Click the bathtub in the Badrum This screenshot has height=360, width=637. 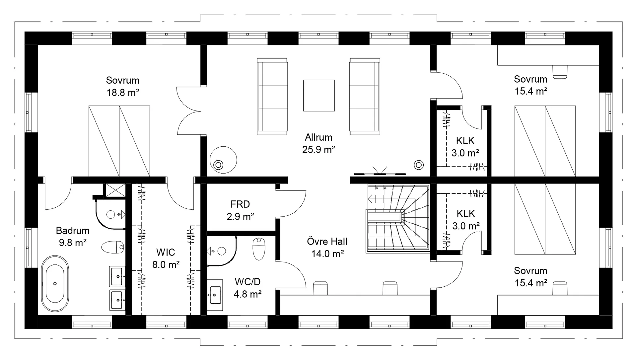55,284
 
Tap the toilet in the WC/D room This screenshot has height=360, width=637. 259,249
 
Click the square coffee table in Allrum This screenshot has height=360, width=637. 319,96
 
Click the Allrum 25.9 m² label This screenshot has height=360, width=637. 318,143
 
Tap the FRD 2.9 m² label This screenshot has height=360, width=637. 240,210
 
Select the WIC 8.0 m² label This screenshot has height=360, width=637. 166,258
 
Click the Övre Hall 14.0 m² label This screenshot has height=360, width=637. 327,248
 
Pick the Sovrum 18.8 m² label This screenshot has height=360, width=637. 123,86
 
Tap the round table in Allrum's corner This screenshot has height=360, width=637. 223,160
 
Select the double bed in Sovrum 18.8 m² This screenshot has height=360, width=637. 119,141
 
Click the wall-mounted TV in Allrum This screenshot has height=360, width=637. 380,172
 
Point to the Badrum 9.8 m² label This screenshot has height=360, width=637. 73,237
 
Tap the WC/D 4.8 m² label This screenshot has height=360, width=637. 248,288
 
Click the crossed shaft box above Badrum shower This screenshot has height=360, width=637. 114,190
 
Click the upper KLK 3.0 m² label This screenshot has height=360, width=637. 465,147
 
